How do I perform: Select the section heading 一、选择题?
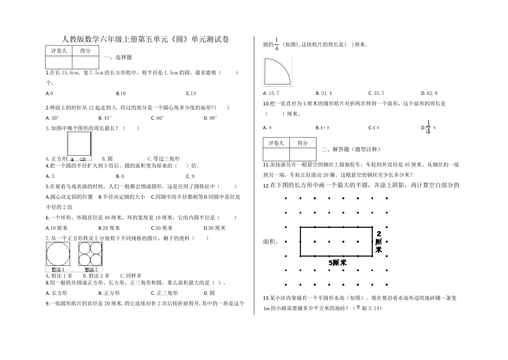coord(119,57)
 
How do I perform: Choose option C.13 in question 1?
coord(191,93)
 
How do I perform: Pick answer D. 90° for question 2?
coord(210,118)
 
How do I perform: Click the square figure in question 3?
coord(80,145)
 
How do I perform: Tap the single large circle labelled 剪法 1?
coord(57,254)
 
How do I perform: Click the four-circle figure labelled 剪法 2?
coord(90,254)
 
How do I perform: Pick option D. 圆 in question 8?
coord(209,293)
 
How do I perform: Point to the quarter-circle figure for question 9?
coord(278,72)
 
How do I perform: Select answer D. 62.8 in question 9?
coord(429,93)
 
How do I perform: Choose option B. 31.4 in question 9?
coord(323,93)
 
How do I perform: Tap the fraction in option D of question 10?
coord(428,127)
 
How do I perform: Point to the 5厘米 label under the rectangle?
coord(337,263)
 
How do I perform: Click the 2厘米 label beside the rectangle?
coord(379,241)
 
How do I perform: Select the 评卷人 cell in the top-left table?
coord(59,51)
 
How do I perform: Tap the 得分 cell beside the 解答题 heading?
coord(303,143)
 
